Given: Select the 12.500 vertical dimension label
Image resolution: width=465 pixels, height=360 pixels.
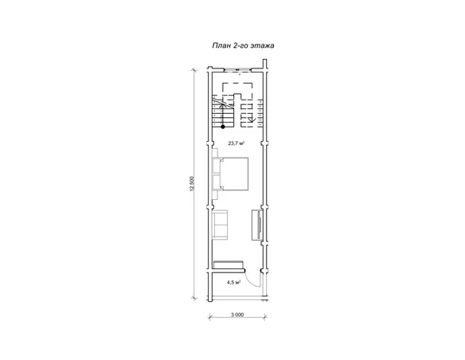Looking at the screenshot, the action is tap(192, 184).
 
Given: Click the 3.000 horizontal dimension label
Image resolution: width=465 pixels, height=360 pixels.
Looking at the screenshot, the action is tap(237, 315).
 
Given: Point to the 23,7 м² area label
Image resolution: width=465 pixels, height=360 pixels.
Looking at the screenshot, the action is tap(236, 143).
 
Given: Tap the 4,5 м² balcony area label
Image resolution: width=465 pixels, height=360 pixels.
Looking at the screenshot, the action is tap(233, 283).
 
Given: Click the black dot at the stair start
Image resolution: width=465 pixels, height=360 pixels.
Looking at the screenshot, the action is tap(223, 127).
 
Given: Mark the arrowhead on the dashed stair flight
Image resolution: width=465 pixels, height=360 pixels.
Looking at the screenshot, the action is tap(252, 120).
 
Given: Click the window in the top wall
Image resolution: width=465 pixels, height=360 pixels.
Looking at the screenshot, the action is tap(237, 70).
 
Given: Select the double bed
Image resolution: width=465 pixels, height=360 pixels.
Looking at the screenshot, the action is tap(234, 174).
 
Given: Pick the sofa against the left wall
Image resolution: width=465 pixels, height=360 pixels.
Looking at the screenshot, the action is tap(220, 225).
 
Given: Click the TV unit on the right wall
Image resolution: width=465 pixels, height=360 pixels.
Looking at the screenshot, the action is tap(256, 225).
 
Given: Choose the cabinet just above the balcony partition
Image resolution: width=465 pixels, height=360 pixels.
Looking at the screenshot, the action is tap(229, 264).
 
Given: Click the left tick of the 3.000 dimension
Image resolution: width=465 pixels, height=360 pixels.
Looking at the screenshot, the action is tap(209, 318).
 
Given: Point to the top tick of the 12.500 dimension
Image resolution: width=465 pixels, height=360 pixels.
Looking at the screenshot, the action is tap(194, 70).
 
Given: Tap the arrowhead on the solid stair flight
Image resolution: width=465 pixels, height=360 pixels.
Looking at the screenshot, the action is tap(223, 104).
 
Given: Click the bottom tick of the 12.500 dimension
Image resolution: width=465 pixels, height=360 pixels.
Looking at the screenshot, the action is tap(194, 298).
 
